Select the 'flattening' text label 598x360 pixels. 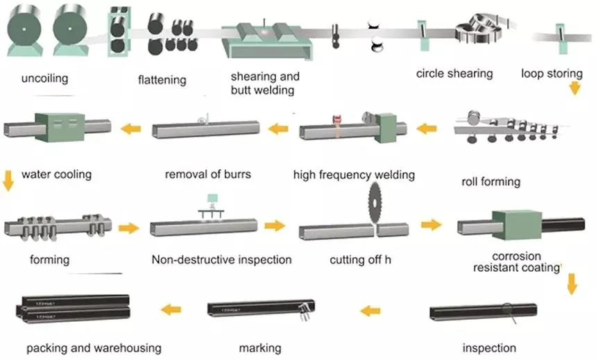pyautogui.click(x=162, y=79)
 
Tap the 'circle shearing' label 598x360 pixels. pyautogui.click(x=454, y=73)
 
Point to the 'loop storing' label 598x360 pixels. pyautogui.click(x=552, y=73)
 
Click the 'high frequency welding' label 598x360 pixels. pyautogui.click(x=354, y=174)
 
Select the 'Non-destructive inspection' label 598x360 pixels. pyautogui.click(x=221, y=260)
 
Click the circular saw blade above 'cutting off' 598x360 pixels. pyautogui.click(x=379, y=202)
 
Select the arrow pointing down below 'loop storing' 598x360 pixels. pyautogui.click(x=574, y=88)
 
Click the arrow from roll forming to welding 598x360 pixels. pyautogui.click(x=425, y=128)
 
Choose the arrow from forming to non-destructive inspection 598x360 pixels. pyautogui.click(x=129, y=227)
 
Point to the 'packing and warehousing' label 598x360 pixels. pyautogui.click(x=94, y=347)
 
